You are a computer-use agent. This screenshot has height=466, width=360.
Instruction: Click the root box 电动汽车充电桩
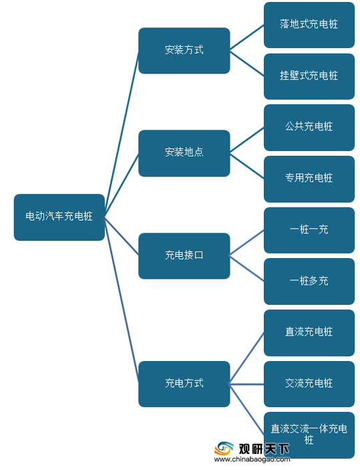coord(59,217)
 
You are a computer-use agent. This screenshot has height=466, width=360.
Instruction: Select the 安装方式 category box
coord(184,51)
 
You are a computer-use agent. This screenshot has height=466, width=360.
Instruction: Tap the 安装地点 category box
coord(184,153)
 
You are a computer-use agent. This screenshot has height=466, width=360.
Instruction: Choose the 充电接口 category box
coord(184,256)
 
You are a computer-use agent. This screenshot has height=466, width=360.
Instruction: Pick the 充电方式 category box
coord(184,384)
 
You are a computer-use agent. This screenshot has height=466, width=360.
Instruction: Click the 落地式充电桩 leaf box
coord(309,25)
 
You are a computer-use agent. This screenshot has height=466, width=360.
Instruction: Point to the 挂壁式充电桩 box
coord(309,76)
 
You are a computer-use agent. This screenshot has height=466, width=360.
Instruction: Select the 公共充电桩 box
coord(309,128)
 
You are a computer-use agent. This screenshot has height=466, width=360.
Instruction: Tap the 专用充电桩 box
coord(309,179)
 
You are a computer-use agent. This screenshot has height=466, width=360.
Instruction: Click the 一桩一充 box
coord(309,230)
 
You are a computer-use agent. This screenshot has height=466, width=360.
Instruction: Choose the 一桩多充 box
coord(309,281)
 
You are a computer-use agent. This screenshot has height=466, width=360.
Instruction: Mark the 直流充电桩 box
coord(309,333)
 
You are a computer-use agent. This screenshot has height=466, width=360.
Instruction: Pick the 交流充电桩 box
coord(309,384)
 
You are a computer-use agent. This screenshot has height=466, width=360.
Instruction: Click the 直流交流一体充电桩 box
coord(309,435)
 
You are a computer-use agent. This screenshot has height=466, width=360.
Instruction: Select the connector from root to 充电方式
coord(122,300)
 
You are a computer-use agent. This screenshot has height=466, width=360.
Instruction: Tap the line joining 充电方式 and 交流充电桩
coord(246,384)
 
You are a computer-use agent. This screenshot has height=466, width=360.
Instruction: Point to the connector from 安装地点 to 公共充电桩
coord(246,140)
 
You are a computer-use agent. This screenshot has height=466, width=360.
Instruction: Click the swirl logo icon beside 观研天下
coord(224,449)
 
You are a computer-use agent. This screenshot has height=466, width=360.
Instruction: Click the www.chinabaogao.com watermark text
coord(252,459)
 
